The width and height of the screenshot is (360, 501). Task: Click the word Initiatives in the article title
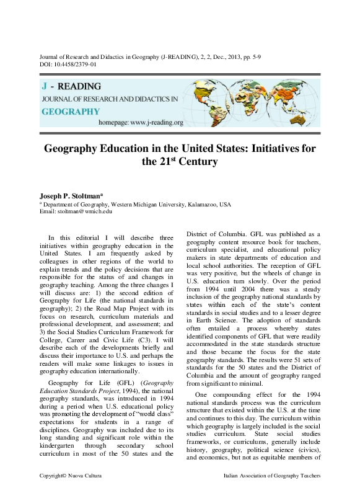[262, 149]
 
